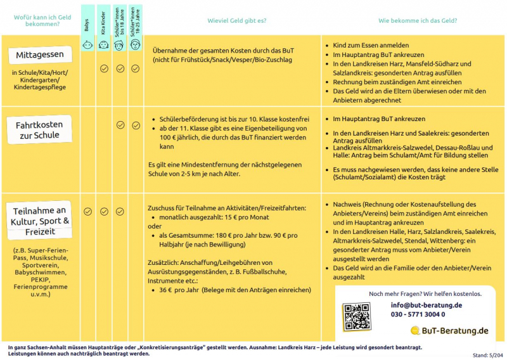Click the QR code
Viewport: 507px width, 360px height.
pos(356,317)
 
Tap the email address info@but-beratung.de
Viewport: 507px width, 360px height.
pos(426,305)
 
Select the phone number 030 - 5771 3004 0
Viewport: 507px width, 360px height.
pos(418,314)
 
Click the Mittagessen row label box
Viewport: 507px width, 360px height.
pos(40,56)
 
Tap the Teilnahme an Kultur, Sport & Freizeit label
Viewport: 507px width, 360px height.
pos(40,221)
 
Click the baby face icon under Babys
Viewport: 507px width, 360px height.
pos(88,45)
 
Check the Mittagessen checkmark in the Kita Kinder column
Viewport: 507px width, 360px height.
pos(104,68)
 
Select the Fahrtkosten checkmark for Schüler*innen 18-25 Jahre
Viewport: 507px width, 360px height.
pos(136,125)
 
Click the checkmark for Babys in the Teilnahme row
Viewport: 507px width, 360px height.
pos(88,212)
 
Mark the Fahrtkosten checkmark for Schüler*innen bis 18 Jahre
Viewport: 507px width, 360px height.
pos(120,125)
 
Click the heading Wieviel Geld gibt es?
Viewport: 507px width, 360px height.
pos(238,21)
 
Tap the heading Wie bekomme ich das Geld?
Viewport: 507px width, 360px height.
pos(418,21)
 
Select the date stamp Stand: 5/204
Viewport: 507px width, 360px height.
pos(488,356)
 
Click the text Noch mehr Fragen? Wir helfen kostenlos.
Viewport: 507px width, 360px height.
pos(425,294)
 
